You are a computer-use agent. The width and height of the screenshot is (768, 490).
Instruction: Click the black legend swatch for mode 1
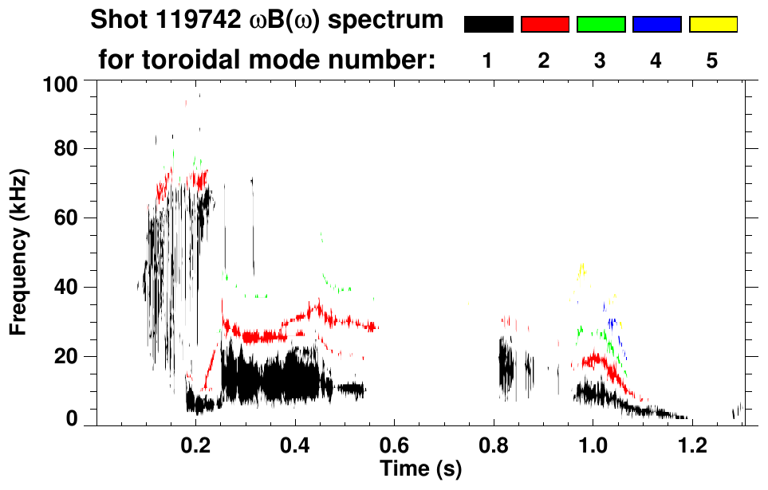(489, 25)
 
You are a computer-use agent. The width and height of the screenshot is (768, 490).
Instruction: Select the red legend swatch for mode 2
(545, 25)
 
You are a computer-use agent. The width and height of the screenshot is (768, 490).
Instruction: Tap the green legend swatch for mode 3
(601, 25)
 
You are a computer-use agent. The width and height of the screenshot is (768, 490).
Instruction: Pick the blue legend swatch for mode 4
(656, 25)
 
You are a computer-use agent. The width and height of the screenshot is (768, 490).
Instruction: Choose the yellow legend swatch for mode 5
(712, 25)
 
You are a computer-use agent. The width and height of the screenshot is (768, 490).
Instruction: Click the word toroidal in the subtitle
(196, 60)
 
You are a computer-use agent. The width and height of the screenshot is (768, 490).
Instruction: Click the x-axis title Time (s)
(419, 470)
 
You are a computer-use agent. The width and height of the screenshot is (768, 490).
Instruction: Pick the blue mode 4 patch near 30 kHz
(612, 323)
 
